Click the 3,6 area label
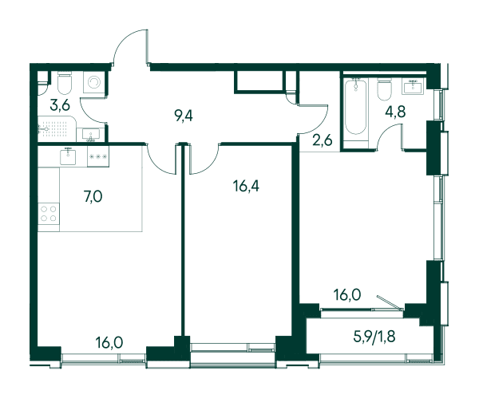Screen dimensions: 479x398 60,105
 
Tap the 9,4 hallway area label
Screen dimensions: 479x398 184,116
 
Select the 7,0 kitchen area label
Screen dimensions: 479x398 93,196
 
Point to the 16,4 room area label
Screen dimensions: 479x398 246,186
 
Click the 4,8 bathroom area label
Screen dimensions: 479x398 395,112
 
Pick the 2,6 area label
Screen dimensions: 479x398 323,140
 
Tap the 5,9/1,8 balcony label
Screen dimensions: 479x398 374,337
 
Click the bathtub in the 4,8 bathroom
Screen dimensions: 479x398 355,107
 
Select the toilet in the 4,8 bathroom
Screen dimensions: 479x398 384,89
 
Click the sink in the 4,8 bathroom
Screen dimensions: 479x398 414,85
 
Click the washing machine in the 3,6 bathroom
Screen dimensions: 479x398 93,82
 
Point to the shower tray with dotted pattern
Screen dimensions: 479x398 57,128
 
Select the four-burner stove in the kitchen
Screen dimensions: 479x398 49,213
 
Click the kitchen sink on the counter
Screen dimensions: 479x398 68,156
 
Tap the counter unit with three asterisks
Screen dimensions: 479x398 98,156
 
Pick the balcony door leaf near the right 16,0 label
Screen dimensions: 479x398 390,302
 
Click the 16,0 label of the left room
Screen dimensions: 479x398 109,342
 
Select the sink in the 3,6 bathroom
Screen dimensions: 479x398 91,135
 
